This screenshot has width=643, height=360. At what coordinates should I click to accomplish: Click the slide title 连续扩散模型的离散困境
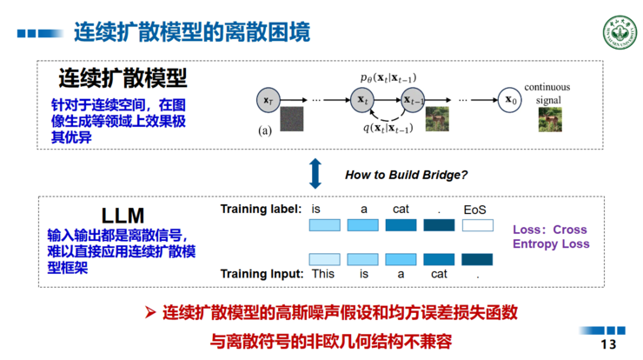click(190, 32)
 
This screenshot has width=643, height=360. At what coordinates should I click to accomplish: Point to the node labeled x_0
click(513, 101)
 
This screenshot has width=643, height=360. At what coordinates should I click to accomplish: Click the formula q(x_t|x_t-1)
click(388, 129)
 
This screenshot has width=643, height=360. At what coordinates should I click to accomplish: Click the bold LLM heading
click(116, 214)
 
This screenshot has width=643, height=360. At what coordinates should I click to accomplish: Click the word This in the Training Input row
click(323, 274)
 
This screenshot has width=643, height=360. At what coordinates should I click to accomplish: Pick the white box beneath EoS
click(477, 226)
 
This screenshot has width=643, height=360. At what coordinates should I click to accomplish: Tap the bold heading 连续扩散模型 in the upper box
click(123, 79)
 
